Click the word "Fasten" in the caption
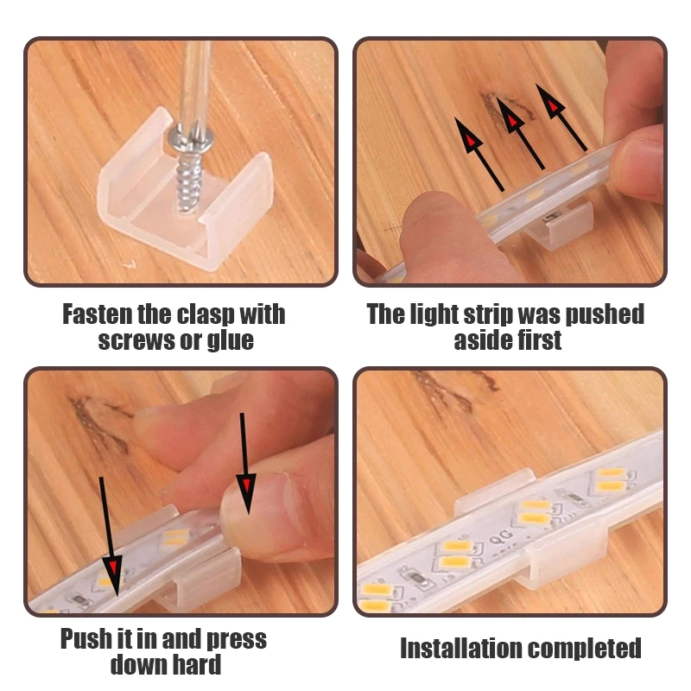tap(97, 314)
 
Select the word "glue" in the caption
tap(230, 341)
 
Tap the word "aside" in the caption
tap(479, 340)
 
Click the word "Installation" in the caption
tap(460, 648)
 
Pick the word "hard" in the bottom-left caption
tap(196, 664)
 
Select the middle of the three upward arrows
tap(521, 133)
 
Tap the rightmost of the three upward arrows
tap(561, 117)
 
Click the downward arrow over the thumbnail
tap(244, 463)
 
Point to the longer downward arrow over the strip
tap(109, 536)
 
